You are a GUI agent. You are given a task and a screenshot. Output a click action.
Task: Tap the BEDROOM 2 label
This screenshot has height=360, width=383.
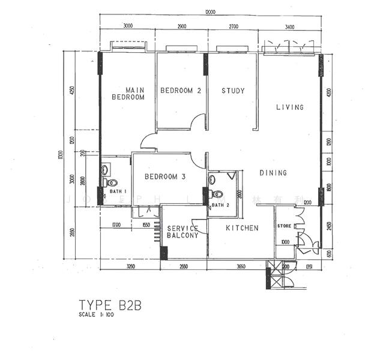click(x=180, y=91)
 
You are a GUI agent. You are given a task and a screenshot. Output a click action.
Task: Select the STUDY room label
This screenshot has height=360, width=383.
click(x=233, y=91)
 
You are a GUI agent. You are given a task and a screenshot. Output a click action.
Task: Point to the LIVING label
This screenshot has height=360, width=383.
click(x=290, y=107)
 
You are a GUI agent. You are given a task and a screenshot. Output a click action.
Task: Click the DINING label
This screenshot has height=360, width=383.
click(x=273, y=173)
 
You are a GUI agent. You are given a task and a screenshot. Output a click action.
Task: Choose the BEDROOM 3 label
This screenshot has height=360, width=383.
click(x=164, y=177)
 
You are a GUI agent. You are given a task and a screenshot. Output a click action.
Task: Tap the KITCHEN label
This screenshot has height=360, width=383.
click(x=242, y=228)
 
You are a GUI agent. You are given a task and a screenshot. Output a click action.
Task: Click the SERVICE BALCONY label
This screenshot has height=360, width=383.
click(x=182, y=232)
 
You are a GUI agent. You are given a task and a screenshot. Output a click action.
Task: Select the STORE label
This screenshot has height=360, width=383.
click(x=285, y=226)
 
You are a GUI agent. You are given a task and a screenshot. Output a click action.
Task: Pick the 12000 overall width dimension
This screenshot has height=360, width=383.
click(x=210, y=12)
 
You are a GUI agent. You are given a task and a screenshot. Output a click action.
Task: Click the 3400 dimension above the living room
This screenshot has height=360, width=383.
click(x=289, y=26)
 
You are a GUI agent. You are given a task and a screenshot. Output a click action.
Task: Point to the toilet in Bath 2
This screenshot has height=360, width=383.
click(x=217, y=194)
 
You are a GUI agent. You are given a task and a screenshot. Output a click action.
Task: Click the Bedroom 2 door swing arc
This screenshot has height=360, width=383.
click(x=198, y=122)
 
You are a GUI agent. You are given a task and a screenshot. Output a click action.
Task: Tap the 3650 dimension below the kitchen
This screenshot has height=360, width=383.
click(x=240, y=266)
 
